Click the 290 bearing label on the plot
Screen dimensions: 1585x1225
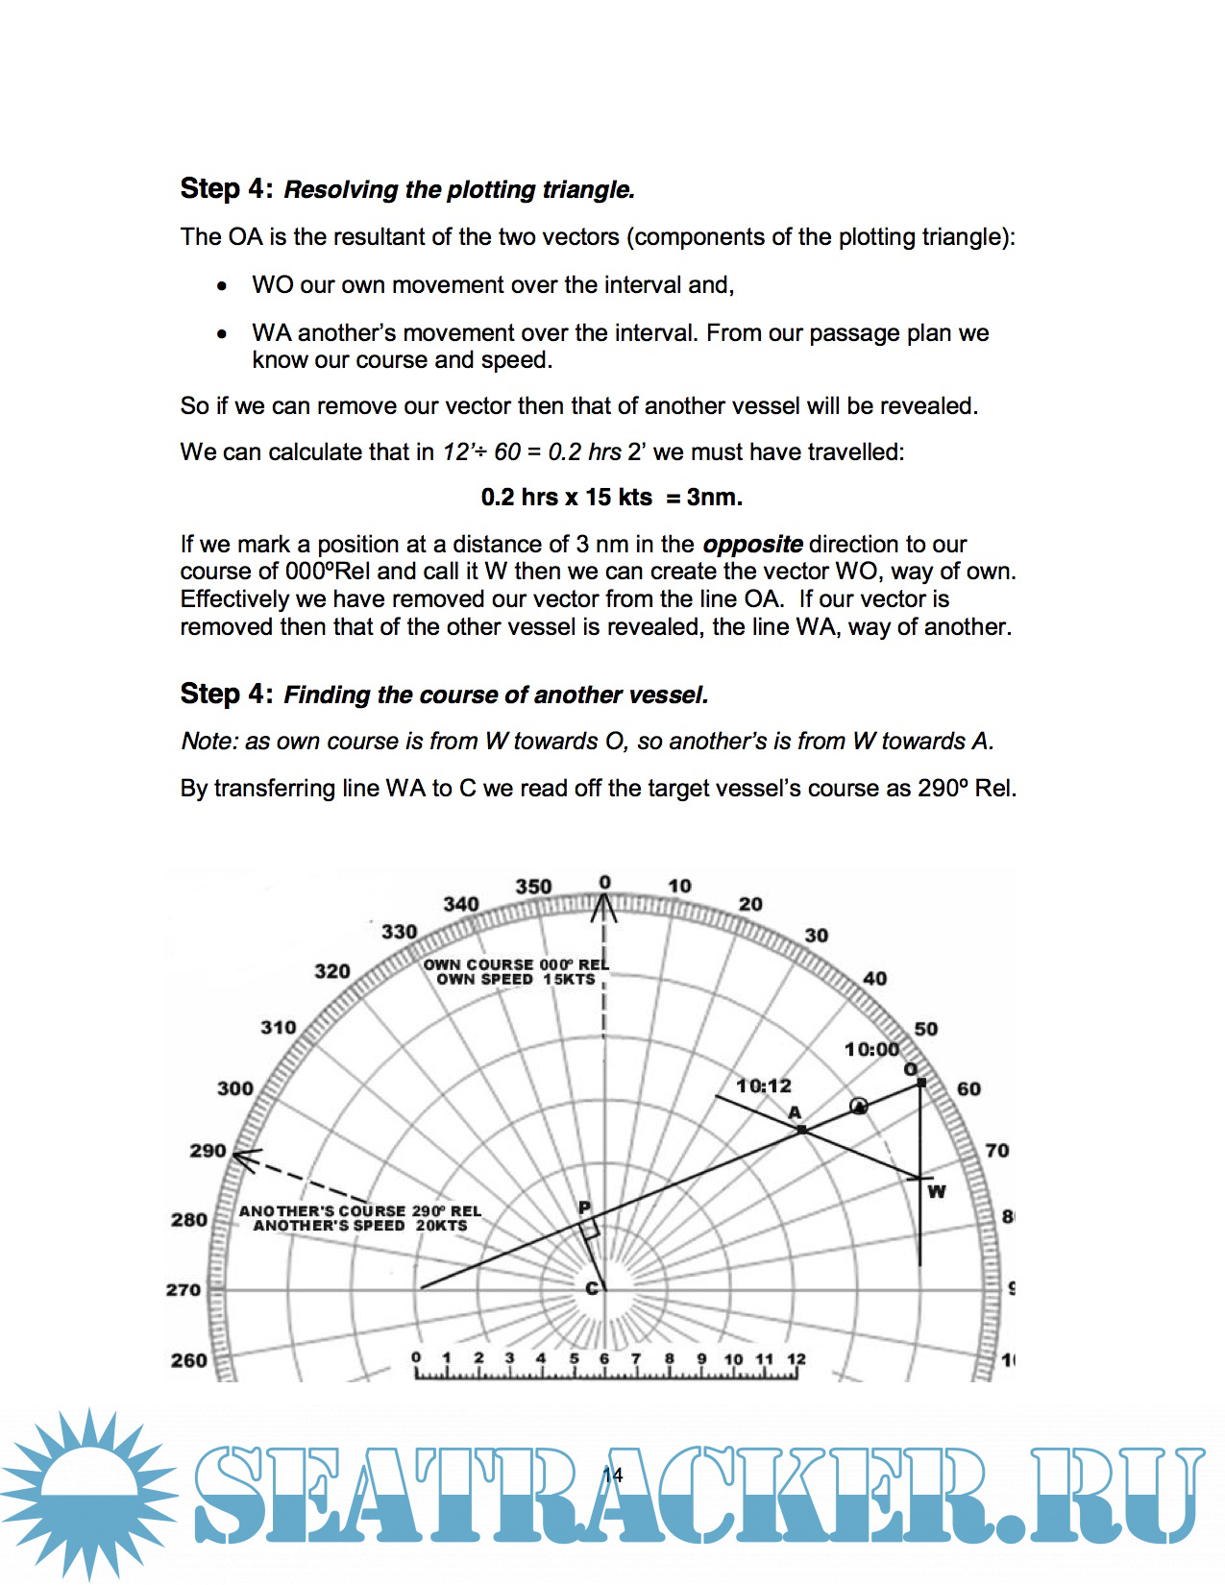(208, 1151)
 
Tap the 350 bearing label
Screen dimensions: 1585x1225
(533, 886)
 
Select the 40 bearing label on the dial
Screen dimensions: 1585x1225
(874, 979)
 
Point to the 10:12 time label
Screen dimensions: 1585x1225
(764, 1085)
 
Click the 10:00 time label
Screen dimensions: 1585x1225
(871, 1049)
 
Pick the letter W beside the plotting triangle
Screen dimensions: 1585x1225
(937, 1191)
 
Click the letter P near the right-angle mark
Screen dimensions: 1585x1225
(584, 1207)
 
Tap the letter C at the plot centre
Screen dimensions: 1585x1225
(593, 1288)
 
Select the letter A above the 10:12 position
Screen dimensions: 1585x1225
(795, 1112)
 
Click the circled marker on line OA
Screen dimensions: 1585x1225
(859, 1107)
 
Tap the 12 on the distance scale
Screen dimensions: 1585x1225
(796, 1358)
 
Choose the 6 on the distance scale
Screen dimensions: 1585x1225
(604, 1358)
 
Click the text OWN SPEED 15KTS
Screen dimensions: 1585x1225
(516, 980)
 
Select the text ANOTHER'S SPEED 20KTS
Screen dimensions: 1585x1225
(360, 1226)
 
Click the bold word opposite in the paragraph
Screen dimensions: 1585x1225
(752, 545)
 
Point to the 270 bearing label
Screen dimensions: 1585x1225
(184, 1289)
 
